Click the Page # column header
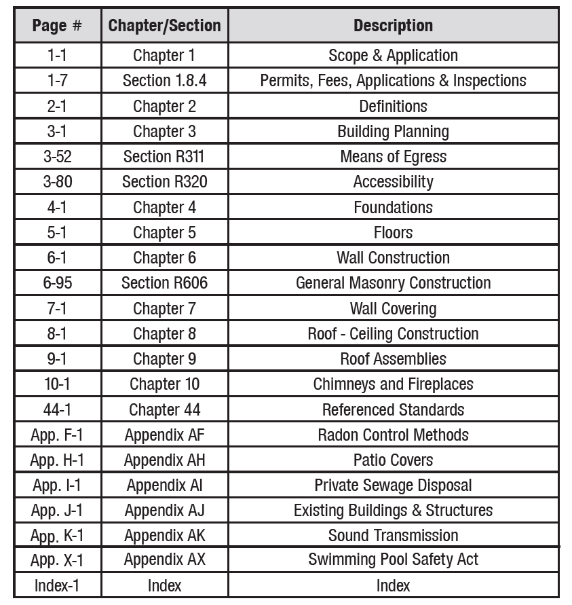pos(58,26)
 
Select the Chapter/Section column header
pos(164,26)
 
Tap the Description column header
pos(393,26)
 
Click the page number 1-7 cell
pos(58,81)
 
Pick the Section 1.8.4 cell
pos(164,81)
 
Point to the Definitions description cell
pos(393,106)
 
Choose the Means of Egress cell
pos(393,157)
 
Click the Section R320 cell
pos(164,182)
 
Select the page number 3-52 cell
pos(58,157)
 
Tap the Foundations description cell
pos(393,207)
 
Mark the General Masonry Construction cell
pos(393,283)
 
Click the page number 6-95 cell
pos(58,283)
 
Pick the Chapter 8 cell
pos(164,333)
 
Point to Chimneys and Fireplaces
pos(393,384)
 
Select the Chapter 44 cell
pos(164,409)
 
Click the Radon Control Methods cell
pos(393,435)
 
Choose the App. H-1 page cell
pos(58,460)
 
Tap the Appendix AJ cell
pos(164,511)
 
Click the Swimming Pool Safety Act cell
pos(393,560)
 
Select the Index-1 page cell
pos(58,585)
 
